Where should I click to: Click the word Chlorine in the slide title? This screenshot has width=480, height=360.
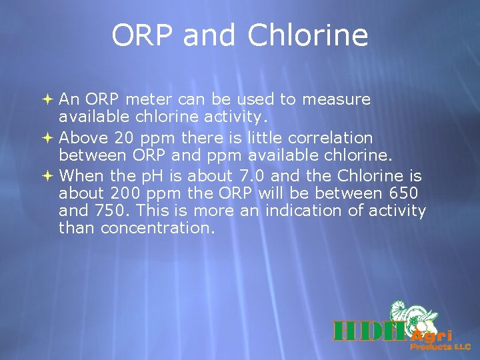pyautogui.click(x=307, y=35)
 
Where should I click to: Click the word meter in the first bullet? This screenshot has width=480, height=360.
pyautogui.click(x=147, y=99)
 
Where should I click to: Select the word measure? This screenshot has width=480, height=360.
pyautogui.click(x=336, y=99)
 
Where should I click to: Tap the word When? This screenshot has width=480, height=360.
pyautogui.click(x=78, y=177)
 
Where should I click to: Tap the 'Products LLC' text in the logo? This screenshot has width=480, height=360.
pyautogui.click(x=440, y=347)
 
